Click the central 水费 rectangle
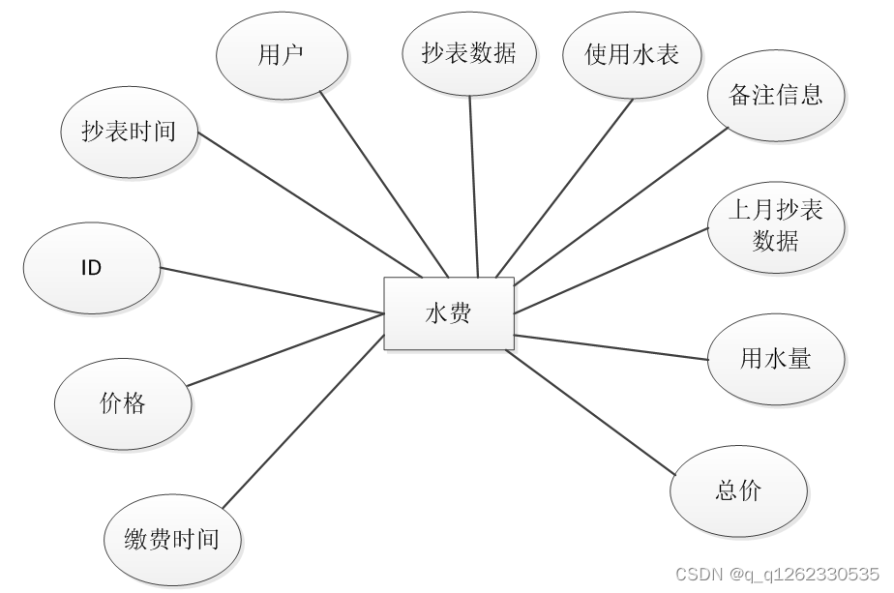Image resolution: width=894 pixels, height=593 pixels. tap(449, 313)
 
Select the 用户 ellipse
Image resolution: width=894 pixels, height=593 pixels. tap(282, 54)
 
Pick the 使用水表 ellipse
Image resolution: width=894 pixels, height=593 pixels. tap(632, 54)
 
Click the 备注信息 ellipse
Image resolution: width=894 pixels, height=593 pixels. tap(776, 95)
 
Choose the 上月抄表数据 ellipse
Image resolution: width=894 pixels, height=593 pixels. tap(776, 224)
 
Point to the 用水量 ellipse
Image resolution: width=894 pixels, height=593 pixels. tap(776, 359)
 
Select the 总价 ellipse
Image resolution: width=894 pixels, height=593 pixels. tap(738, 490)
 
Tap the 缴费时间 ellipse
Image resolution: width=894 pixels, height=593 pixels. tap(172, 539)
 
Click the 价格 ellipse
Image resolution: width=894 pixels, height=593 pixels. tap(123, 403)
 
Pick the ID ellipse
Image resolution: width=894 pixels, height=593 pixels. tap(91, 268)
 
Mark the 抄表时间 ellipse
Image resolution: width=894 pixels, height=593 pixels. tap(129, 133)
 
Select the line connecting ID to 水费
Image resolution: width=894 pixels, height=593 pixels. tap(271, 290)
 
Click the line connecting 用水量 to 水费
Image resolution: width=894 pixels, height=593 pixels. tap(611, 347)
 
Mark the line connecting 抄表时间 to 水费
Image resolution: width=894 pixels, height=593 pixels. tap(310, 204)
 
